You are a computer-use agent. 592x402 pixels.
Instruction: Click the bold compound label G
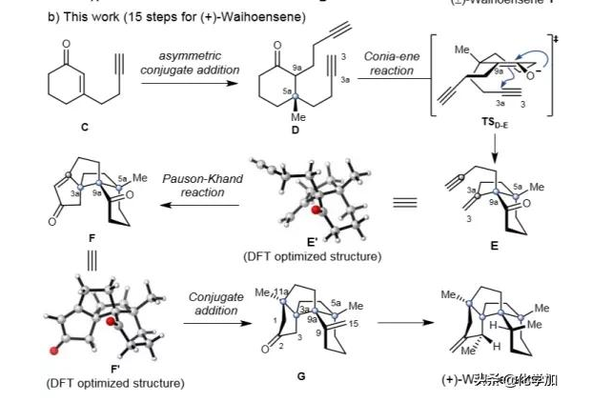pyautogui.click(x=301, y=376)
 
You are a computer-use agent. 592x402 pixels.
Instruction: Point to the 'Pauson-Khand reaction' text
pyautogui.click(x=194, y=185)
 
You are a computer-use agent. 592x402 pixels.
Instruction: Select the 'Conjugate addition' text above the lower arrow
pyautogui.click(x=214, y=305)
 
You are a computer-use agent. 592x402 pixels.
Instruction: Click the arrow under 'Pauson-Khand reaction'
pyautogui.click(x=192, y=202)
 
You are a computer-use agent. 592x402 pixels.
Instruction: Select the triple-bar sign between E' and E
pyautogui.click(x=404, y=201)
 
